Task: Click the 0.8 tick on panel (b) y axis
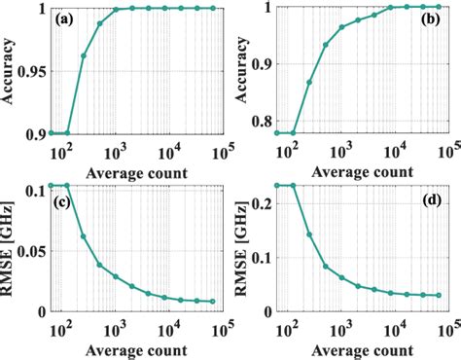point(273,123)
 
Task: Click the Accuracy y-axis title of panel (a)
point(12,70)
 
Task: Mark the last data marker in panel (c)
point(212,302)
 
